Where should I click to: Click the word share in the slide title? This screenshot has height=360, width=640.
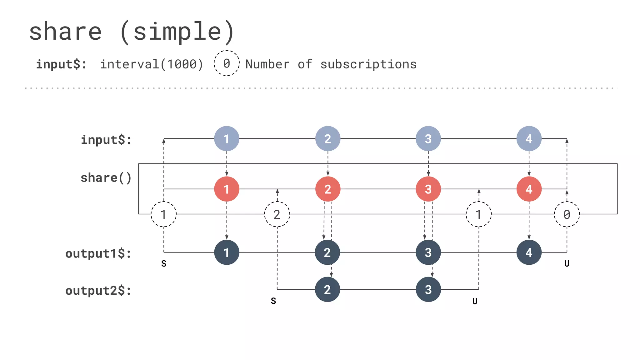(x=65, y=32)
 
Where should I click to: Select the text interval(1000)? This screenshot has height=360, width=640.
(x=152, y=64)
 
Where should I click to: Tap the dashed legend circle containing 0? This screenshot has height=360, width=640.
(x=227, y=63)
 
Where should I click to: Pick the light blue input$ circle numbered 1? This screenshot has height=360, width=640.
(x=227, y=138)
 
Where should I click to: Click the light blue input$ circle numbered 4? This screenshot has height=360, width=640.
(x=529, y=138)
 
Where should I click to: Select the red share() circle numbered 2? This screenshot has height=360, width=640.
(x=327, y=189)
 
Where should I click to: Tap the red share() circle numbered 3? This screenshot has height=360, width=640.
(x=428, y=189)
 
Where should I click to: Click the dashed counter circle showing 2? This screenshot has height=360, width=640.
(x=277, y=214)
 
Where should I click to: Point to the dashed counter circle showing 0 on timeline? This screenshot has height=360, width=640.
(x=567, y=214)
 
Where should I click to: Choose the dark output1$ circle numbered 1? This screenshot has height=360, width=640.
(x=227, y=252)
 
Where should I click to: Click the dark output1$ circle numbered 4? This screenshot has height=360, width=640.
(x=529, y=252)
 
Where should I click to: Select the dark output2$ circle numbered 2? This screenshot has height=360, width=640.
(x=327, y=289)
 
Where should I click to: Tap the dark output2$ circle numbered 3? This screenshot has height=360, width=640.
(x=428, y=289)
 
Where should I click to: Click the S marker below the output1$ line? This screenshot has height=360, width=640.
(x=164, y=264)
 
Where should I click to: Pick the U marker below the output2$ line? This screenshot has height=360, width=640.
(x=475, y=301)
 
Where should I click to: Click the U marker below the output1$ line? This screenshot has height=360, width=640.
(x=567, y=264)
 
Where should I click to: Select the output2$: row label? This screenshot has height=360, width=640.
(x=98, y=291)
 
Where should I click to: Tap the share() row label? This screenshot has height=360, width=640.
(x=106, y=178)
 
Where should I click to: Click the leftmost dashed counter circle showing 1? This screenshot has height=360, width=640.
(x=163, y=214)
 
